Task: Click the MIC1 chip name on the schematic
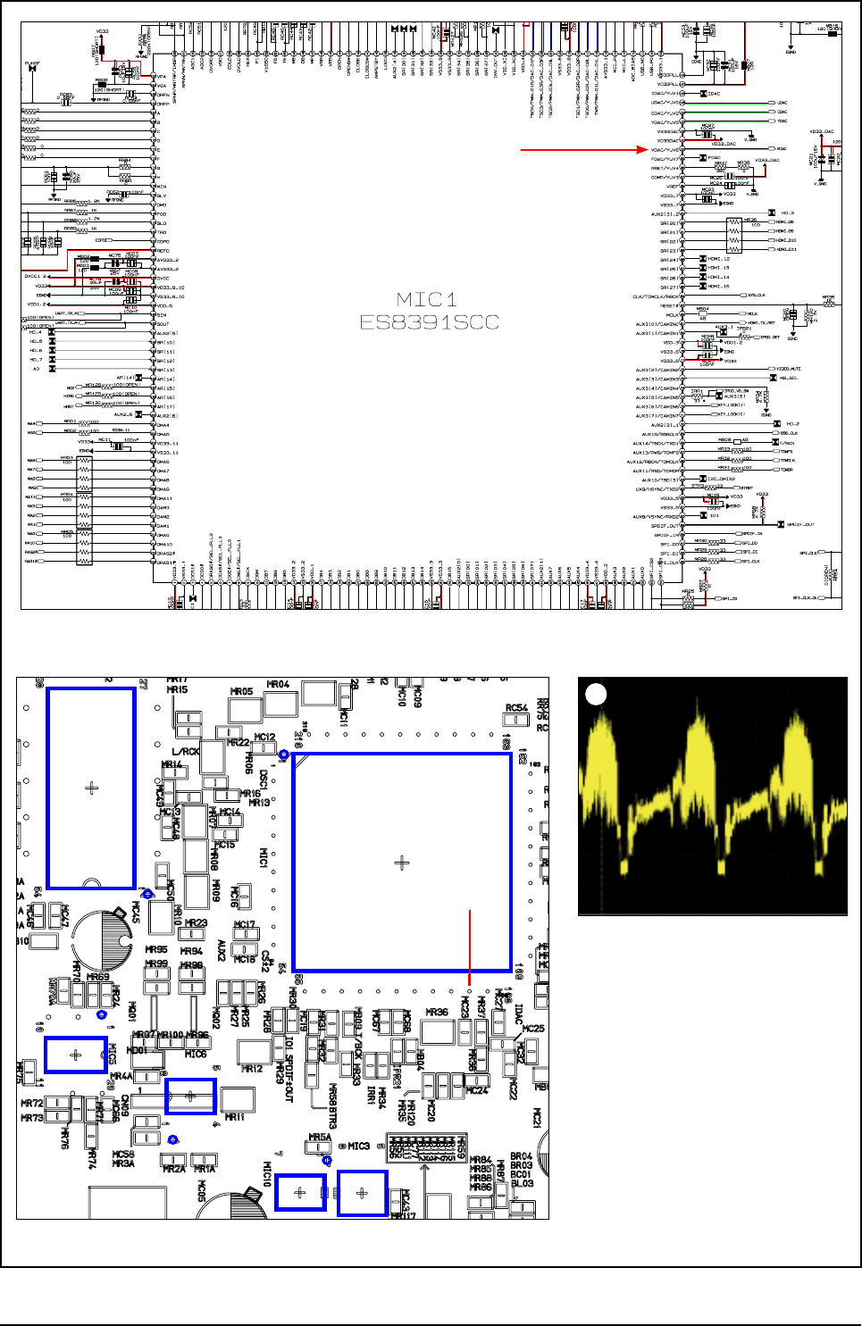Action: pos(427,299)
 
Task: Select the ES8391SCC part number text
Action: pos(429,321)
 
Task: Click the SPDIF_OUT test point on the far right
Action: pos(781,524)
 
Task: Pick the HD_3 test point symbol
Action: pos(772,213)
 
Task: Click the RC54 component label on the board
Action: pos(516,708)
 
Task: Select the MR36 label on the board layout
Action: pos(437,1012)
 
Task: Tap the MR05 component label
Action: pos(241,691)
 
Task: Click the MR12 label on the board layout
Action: pos(252,1068)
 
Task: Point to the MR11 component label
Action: pos(235,1117)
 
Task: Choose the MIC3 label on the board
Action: pos(358,1146)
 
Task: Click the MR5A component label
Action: pos(320,1138)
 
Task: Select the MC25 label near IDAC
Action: pos(533,1029)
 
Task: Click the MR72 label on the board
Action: pos(31,1104)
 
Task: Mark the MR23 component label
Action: pos(196,923)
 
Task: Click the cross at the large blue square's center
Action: pos(401,863)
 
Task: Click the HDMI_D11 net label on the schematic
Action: pos(785,249)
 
